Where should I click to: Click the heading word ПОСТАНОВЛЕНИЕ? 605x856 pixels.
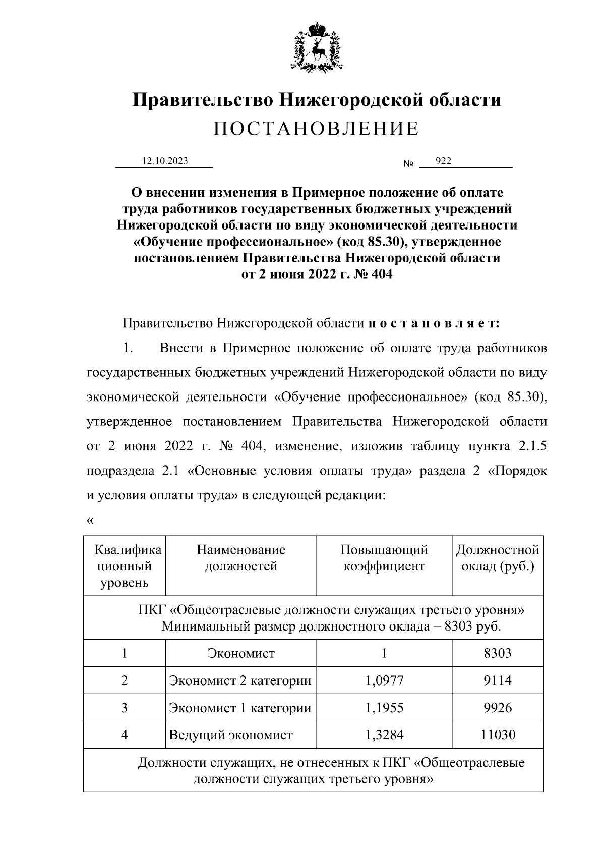(x=316, y=129)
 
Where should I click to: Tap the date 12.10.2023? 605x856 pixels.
(x=165, y=161)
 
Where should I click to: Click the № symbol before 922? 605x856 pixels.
(x=408, y=164)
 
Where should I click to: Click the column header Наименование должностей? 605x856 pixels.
(x=241, y=558)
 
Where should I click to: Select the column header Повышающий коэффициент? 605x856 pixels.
(x=384, y=558)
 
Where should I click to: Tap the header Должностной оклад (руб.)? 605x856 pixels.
(x=498, y=558)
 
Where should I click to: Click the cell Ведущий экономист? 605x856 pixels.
(x=231, y=735)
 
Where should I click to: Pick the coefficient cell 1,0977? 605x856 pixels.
(x=384, y=680)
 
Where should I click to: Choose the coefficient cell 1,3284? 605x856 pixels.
(x=384, y=735)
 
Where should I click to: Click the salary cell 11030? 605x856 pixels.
(x=498, y=735)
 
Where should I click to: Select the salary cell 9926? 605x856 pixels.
(x=498, y=708)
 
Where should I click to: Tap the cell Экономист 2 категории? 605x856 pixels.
(x=240, y=680)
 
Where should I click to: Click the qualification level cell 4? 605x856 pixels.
(x=124, y=735)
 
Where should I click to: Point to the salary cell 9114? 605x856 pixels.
(x=498, y=680)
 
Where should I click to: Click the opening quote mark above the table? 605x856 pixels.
(x=90, y=521)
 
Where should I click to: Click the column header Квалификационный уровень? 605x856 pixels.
(x=124, y=566)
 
